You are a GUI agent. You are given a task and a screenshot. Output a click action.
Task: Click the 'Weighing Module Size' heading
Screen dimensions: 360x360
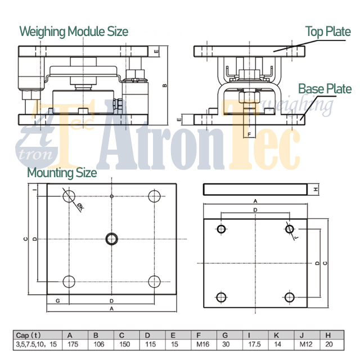(x=74, y=31)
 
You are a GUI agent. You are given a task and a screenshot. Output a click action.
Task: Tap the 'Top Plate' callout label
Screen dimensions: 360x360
(x=328, y=31)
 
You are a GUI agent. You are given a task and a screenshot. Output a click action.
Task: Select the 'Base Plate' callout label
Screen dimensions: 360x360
(x=325, y=89)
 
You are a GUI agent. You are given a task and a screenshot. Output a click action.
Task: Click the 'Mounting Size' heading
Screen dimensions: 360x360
(x=62, y=172)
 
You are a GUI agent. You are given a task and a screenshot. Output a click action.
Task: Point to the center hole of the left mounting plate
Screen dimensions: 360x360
(x=111, y=238)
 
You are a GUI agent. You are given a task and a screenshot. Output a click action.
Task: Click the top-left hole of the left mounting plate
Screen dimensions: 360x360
(x=69, y=196)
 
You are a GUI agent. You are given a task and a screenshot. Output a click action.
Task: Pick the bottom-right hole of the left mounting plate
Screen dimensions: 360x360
(x=155, y=281)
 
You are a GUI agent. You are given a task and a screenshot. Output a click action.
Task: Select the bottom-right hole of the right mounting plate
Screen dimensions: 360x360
(x=289, y=297)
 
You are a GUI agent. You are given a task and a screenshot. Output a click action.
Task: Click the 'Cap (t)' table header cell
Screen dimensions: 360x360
(x=29, y=336)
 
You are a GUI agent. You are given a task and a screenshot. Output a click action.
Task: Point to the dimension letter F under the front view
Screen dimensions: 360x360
(x=249, y=134)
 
